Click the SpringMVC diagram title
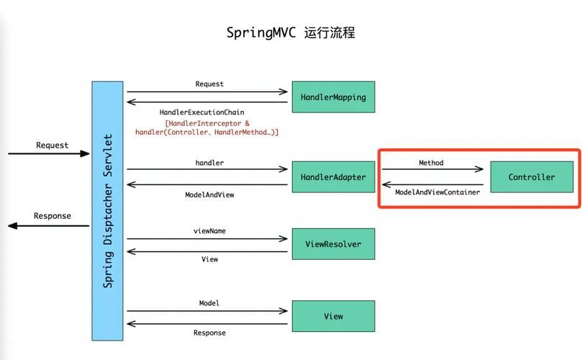tap(291, 33)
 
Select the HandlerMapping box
tap(333, 96)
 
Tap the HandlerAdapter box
tap(333, 176)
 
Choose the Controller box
tap(532, 176)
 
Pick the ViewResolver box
tap(333, 244)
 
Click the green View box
tap(333, 316)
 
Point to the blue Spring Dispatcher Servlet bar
tap(108, 210)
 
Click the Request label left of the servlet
tap(53, 145)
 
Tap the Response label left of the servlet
tap(53, 216)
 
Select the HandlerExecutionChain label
tap(202, 112)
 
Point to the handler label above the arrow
tap(209, 163)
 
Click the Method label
tap(431, 163)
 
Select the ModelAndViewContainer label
tap(437, 192)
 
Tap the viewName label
tap(209, 231)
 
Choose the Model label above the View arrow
tap(209, 303)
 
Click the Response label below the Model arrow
tap(209, 333)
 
